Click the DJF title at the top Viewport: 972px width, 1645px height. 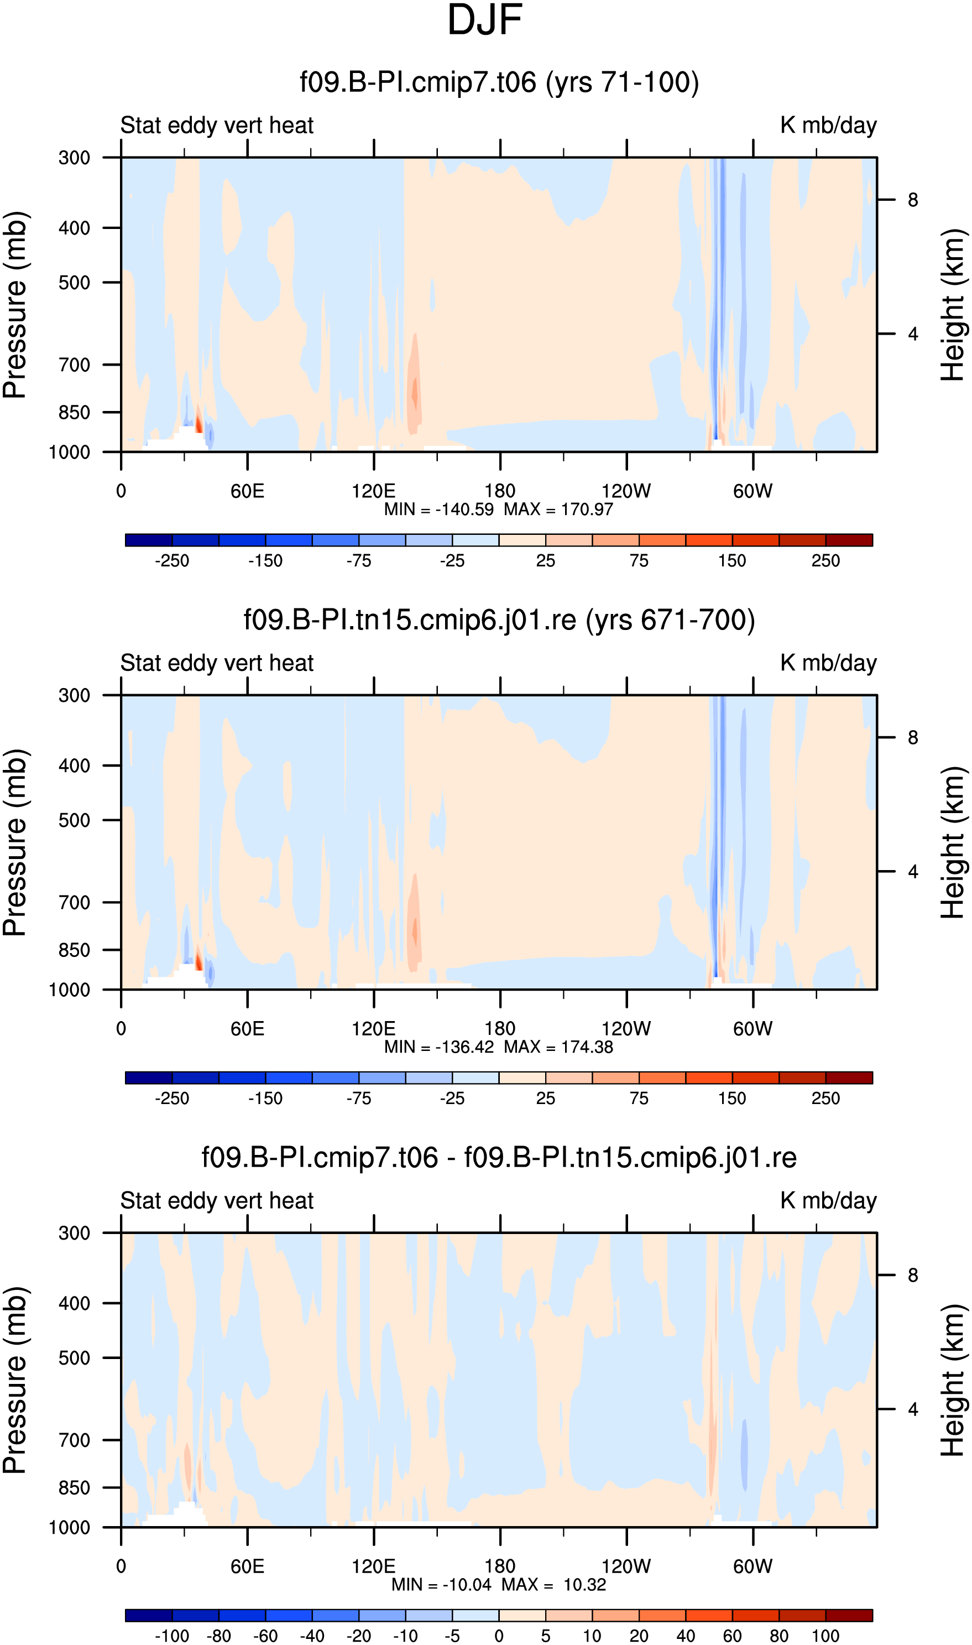(x=485, y=20)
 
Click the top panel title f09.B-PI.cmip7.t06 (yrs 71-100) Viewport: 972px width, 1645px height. (x=499, y=82)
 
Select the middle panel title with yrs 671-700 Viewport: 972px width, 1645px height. (x=499, y=620)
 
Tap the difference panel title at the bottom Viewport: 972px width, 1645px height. (x=499, y=1158)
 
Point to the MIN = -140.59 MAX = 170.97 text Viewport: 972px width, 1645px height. (x=499, y=509)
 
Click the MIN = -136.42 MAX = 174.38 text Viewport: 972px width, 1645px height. (x=499, y=1047)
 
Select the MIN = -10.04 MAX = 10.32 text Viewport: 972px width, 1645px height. (x=499, y=1585)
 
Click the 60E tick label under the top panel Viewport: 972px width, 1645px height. (x=248, y=491)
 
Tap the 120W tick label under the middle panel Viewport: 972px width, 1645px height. (x=626, y=1028)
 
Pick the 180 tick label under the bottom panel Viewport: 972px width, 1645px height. (x=500, y=1566)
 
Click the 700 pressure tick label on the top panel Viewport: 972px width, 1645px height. (x=75, y=365)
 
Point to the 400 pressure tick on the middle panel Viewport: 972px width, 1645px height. (x=75, y=766)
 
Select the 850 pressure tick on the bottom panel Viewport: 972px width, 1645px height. (x=75, y=1488)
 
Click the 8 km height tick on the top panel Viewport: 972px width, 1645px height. (x=913, y=200)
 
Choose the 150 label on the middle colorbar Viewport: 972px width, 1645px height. (x=732, y=1099)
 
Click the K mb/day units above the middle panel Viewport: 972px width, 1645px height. (x=829, y=663)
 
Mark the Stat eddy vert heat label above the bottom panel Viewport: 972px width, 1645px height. (x=217, y=1201)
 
